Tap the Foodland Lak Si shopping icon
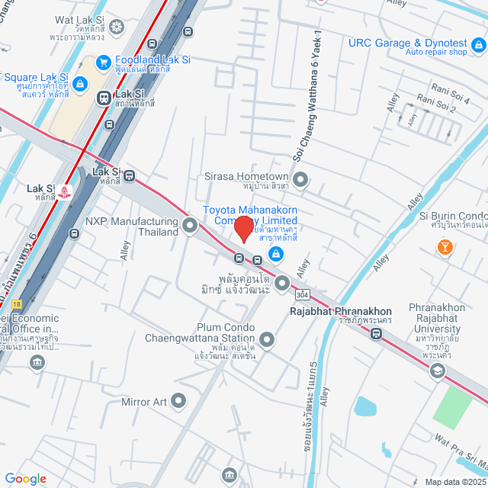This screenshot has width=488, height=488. [103, 62]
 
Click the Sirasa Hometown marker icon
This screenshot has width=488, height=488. [300, 180]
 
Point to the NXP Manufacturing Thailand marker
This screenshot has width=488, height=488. [189, 225]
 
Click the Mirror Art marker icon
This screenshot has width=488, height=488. [178, 400]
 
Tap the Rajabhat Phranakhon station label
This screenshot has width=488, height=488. [341, 311]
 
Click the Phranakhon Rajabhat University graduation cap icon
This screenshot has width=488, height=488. [437, 371]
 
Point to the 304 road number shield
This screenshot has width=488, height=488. [304, 293]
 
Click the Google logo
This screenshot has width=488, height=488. [26, 478]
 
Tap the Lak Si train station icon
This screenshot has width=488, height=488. [103, 98]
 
